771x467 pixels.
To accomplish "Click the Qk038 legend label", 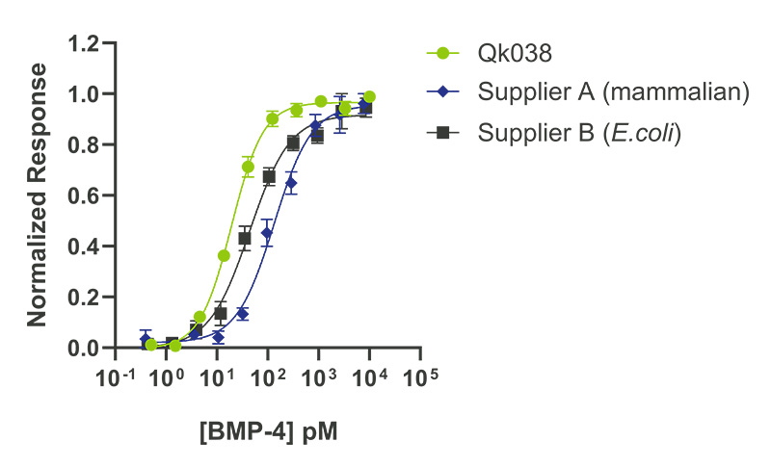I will click(509, 53).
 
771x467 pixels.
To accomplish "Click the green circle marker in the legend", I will click(442, 53).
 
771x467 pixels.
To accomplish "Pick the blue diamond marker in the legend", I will click(442, 93).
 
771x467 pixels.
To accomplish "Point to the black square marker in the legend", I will click(442, 133).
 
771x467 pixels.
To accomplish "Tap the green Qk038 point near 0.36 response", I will click(224, 256).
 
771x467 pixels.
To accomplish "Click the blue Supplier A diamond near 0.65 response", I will click(291, 183).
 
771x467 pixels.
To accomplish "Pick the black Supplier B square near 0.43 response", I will click(245, 238).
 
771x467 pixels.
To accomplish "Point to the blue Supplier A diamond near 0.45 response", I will click(267, 233).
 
